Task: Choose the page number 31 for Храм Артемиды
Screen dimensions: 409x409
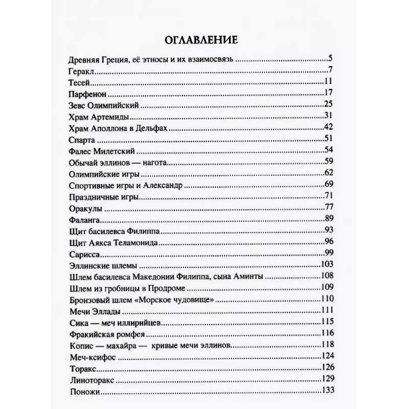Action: click(329, 116)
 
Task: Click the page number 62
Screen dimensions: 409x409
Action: click(329, 174)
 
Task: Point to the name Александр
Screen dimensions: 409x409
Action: click(158, 185)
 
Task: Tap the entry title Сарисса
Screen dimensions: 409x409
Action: click(82, 255)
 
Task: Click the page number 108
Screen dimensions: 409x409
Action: click(327, 276)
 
